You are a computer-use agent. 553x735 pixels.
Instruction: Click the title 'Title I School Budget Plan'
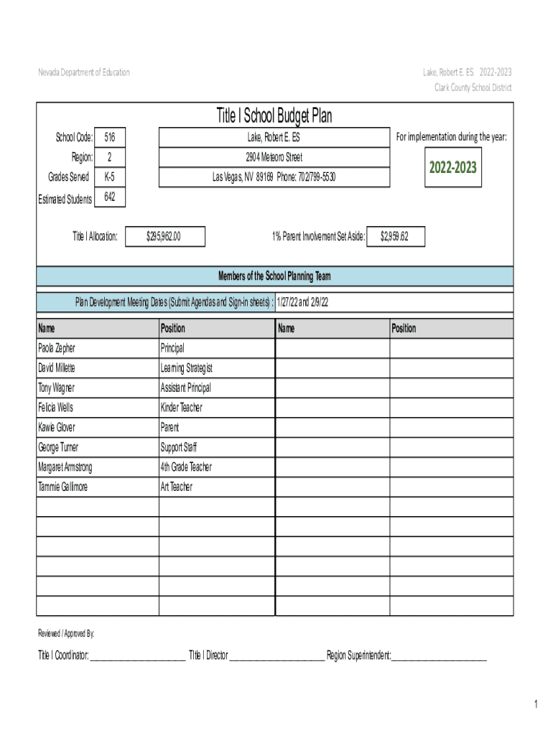[274, 116]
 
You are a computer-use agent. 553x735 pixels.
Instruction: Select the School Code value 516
[110, 137]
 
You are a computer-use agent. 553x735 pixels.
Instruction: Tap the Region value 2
[110, 156]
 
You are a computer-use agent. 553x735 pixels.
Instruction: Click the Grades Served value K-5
[110, 177]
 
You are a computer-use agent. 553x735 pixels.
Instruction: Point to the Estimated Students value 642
[110, 197]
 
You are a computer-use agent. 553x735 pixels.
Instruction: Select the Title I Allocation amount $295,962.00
[164, 236]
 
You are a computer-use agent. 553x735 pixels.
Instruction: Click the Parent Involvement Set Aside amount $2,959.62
[394, 236]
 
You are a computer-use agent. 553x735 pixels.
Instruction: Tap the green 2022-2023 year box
[452, 168]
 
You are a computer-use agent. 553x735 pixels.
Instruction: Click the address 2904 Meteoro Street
[274, 156]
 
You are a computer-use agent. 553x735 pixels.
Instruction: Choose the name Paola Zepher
[57, 348]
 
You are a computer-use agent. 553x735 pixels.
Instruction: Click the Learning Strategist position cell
[187, 368]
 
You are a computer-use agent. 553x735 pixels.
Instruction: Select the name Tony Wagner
[56, 388]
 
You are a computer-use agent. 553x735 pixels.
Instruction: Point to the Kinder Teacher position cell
[182, 408]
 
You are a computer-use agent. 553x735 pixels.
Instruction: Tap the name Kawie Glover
[57, 427]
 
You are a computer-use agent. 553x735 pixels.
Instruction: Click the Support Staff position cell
[179, 447]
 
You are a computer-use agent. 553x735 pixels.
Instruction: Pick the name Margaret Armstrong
[65, 467]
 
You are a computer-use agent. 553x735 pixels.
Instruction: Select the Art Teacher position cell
[177, 487]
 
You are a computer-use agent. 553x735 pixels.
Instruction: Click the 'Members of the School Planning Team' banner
[274, 276]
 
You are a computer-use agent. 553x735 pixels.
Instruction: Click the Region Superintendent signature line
[439, 656]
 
